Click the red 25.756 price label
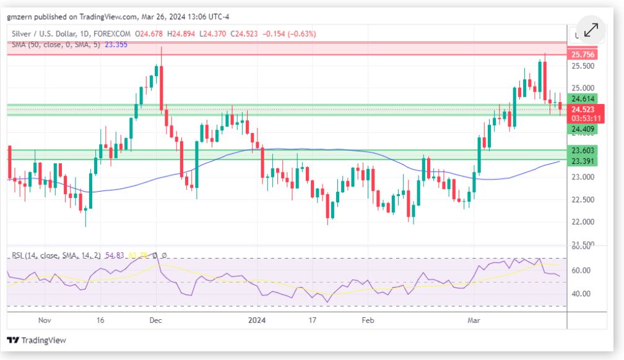click(x=583, y=54)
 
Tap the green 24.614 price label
click(x=583, y=98)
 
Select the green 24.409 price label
click(x=583, y=129)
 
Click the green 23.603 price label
click(x=583, y=150)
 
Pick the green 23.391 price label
click(x=583, y=161)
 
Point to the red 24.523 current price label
click(x=583, y=109)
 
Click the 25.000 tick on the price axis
click(x=583, y=88)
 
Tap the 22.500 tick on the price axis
click(x=583, y=199)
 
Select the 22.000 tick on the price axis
click(x=583, y=221)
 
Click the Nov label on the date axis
click(x=45, y=320)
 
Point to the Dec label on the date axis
click(x=156, y=320)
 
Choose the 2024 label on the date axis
click(x=256, y=320)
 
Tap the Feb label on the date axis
click(x=368, y=320)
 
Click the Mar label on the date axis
click(x=474, y=320)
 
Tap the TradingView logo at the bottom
click(x=37, y=340)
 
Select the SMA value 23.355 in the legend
click(x=116, y=45)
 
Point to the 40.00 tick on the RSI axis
click(x=583, y=294)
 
